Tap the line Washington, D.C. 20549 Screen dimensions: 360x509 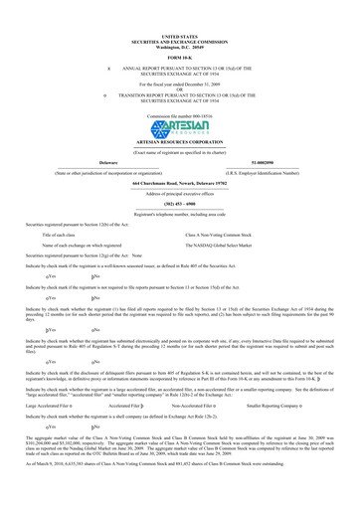(179, 47)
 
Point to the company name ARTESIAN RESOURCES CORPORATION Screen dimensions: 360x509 (179, 145)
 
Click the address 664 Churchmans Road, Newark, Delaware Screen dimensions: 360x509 (179, 184)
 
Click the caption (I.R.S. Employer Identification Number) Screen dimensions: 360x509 (268, 172)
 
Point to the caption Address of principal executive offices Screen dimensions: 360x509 (179, 193)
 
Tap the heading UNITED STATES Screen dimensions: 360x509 (179, 36)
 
